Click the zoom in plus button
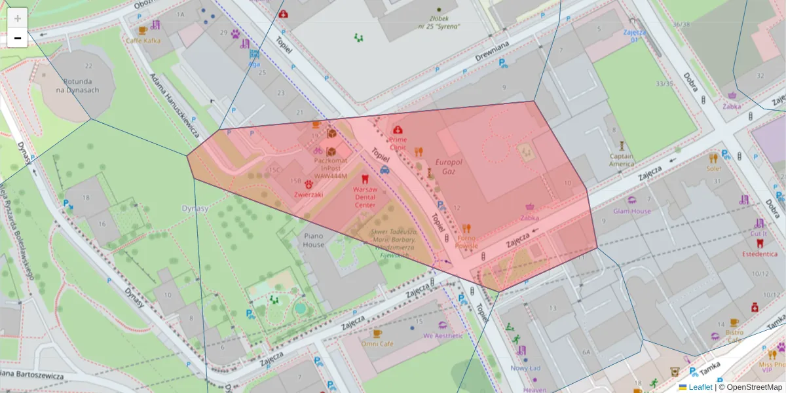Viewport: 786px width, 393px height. coord(18,18)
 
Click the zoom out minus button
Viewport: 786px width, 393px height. coord(18,38)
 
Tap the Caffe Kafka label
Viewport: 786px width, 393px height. coord(143,41)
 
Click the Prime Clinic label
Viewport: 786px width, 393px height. coord(398,143)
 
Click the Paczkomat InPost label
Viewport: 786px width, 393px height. coord(331,168)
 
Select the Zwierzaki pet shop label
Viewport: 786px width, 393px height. coord(308,194)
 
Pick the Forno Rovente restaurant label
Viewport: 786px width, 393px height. coord(466,242)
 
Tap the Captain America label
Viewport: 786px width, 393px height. coord(622,160)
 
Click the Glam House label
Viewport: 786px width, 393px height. coord(632,211)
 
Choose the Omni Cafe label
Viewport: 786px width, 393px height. coord(377,344)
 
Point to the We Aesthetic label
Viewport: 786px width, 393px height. coord(443,335)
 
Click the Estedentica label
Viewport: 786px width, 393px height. coord(760,253)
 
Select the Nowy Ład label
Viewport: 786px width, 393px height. coord(525,368)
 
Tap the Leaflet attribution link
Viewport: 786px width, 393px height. coord(700,387)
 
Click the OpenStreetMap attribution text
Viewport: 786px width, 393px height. coord(750,387)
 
